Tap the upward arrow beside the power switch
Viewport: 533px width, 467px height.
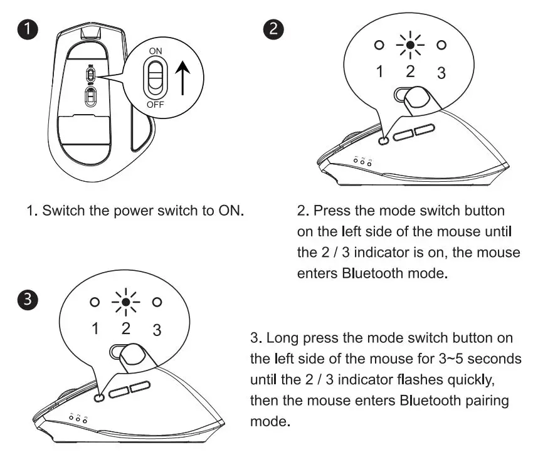click(x=182, y=78)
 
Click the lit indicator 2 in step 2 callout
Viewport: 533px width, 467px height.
click(x=410, y=45)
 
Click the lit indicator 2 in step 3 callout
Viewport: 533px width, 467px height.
click(x=125, y=302)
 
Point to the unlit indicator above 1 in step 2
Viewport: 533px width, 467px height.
click(x=378, y=45)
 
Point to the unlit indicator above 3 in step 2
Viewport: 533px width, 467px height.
click(x=442, y=45)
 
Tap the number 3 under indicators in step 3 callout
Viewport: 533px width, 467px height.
click(x=157, y=329)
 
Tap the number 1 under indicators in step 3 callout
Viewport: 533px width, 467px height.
click(x=95, y=328)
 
